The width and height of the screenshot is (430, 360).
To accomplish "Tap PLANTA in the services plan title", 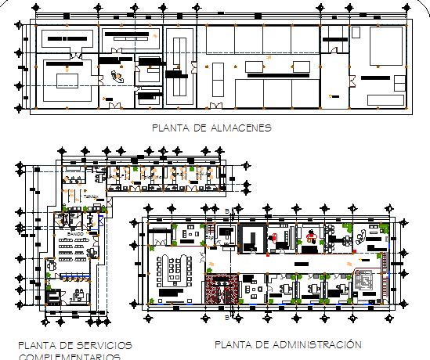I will click(36, 345).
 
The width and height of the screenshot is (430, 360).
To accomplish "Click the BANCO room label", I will click(75, 234).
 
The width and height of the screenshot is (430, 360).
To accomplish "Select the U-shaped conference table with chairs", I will click(178, 268).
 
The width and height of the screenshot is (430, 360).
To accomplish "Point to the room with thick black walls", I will click(252, 237).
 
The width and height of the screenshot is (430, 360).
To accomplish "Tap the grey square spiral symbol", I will click(364, 279).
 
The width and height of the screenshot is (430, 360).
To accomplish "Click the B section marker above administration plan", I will click(228, 212).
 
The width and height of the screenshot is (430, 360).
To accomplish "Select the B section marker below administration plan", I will click(228, 319).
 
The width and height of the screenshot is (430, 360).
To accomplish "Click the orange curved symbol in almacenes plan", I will click(118, 76).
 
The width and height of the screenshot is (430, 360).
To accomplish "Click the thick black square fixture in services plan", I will click(52, 296).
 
